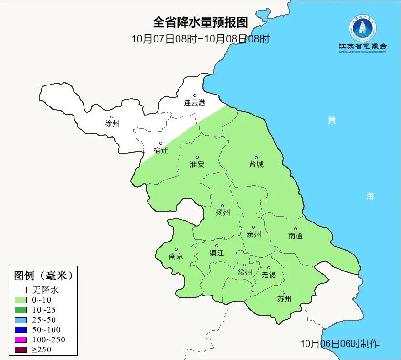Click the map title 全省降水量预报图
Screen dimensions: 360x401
200,22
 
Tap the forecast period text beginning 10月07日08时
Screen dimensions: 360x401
200,39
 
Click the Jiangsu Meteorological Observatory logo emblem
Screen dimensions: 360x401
362,28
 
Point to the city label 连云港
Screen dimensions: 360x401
195,103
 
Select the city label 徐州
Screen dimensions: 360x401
112,124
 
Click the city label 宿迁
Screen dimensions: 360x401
161,150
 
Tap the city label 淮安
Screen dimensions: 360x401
197,164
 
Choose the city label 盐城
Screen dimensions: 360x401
256,164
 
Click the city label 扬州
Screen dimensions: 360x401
222,212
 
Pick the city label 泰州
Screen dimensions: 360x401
253,234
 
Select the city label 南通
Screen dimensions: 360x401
295,236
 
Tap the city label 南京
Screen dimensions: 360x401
176,256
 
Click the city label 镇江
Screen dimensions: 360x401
217,253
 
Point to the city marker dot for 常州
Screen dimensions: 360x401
244,265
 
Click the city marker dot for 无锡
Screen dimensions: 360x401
269,268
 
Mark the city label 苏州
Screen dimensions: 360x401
284,299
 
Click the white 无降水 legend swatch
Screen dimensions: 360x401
21,290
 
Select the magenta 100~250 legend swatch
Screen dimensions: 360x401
21,339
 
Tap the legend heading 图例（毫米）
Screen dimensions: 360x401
43,275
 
